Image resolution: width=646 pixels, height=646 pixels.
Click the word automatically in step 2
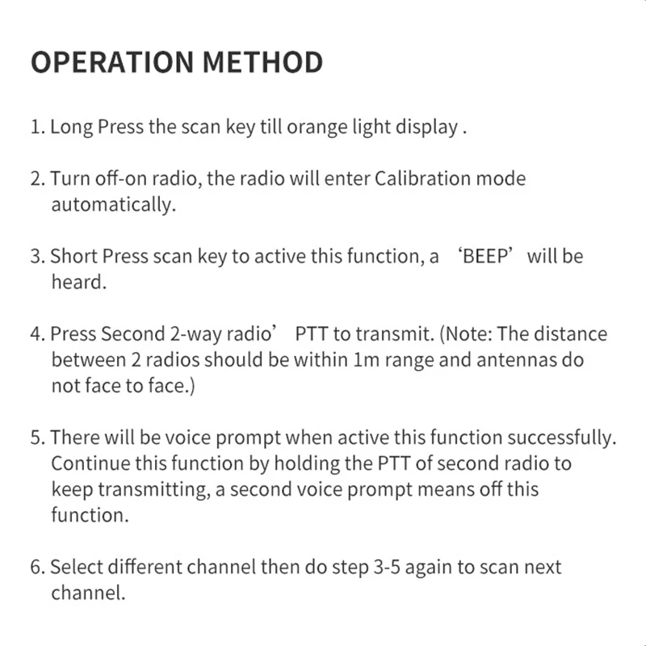coord(112,205)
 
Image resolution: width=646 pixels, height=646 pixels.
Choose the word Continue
coord(86,464)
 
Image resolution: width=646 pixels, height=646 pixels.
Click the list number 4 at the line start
coord(36,334)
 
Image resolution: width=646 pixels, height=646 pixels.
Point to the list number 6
coord(36,567)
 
